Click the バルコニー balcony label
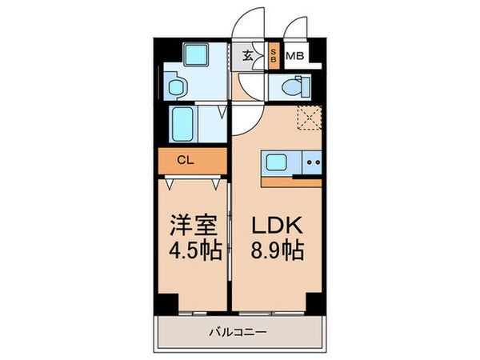click(x=238, y=330)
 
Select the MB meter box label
click(x=294, y=56)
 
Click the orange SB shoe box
click(x=273, y=56)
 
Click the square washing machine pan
click(x=194, y=55)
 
